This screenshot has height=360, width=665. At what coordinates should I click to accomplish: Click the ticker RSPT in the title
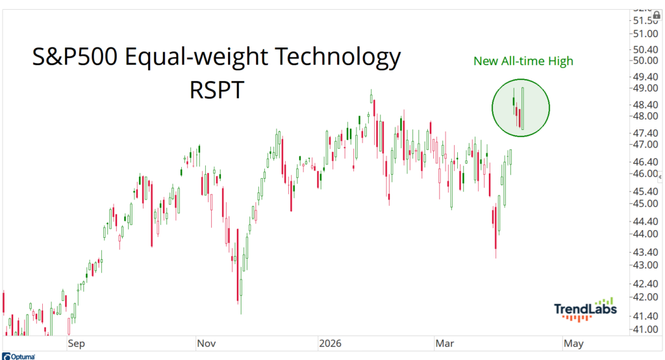pos(216,90)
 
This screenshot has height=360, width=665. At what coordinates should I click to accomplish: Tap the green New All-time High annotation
pos(523,61)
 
